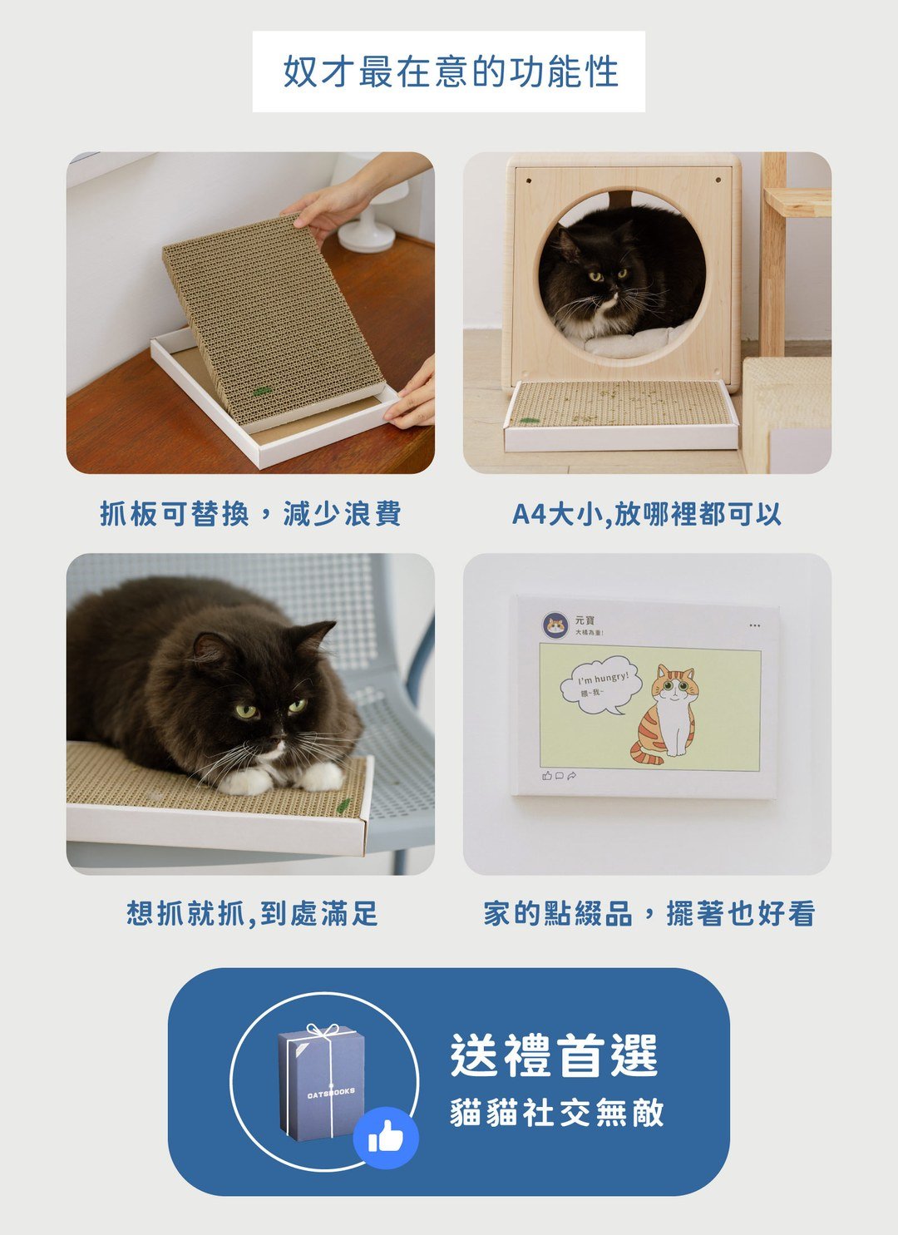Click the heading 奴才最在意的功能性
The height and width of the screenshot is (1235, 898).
[450, 72]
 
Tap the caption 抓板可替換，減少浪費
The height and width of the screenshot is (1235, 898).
[250, 514]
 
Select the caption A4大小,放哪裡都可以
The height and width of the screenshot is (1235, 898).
[646, 514]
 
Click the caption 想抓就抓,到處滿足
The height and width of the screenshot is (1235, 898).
[252, 913]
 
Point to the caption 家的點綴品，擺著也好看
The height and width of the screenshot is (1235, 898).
[649, 913]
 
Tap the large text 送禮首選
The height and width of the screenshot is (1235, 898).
[554, 1055]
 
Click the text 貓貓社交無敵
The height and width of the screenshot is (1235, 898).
[557, 1113]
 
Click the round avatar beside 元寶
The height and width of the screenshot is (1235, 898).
[555, 625]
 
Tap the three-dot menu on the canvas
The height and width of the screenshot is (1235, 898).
[754, 625]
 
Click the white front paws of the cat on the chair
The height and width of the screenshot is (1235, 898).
[283, 778]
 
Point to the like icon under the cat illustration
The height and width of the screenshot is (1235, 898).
[546, 776]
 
